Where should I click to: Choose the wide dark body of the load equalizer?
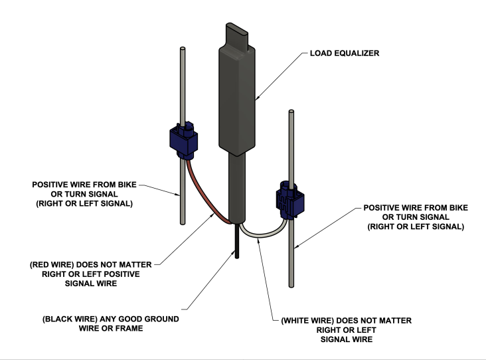236,100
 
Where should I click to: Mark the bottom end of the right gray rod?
292,284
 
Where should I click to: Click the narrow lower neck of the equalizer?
238,186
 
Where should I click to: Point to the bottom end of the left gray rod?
181,222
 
